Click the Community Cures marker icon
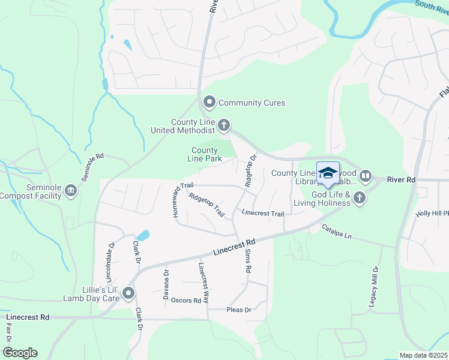tap(209, 103)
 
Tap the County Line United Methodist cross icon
tap(224, 125)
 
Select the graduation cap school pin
tap(328, 173)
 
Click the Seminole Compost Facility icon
tap(71, 191)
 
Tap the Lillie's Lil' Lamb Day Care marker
tap(128, 293)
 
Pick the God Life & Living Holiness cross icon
tap(359, 197)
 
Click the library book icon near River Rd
tap(366, 176)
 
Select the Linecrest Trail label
tap(262, 213)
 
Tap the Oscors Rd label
tap(185, 300)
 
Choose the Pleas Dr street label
tap(238, 310)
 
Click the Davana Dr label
tap(166, 284)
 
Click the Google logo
tap(19, 353)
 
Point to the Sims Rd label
tap(246, 262)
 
